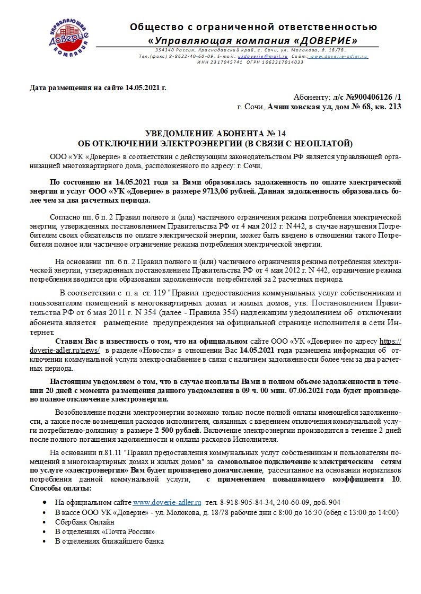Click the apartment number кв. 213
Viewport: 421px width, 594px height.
click(x=389, y=107)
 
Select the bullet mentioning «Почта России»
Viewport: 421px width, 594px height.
click(x=105, y=531)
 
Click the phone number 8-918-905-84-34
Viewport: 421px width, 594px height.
click(x=245, y=502)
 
